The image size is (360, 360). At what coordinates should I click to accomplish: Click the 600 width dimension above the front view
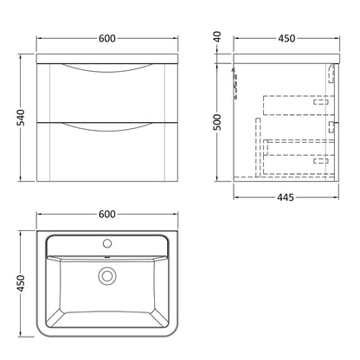click(x=107, y=38)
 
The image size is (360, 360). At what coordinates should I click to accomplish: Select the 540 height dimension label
click(x=21, y=118)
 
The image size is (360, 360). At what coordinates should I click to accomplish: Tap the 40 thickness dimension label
click(x=218, y=36)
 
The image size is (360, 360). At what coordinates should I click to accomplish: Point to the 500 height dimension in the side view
click(x=218, y=122)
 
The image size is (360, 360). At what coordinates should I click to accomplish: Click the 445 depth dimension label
click(x=286, y=197)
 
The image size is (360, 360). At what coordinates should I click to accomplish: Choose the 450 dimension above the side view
click(x=286, y=38)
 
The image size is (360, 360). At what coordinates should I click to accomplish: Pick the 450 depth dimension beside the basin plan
click(x=21, y=283)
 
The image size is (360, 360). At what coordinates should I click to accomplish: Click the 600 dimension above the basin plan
click(x=107, y=215)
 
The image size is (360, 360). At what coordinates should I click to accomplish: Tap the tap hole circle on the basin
click(x=107, y=244)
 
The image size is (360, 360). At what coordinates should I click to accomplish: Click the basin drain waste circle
click(x=107, y=276)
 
